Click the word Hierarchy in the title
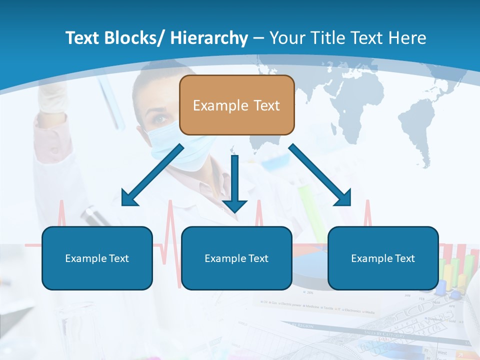pos(209,38)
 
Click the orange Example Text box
pos(236,105)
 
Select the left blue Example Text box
pos(97,258)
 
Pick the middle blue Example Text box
pos(236,258)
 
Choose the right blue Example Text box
pos(383,258)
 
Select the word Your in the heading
pos(287,38)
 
